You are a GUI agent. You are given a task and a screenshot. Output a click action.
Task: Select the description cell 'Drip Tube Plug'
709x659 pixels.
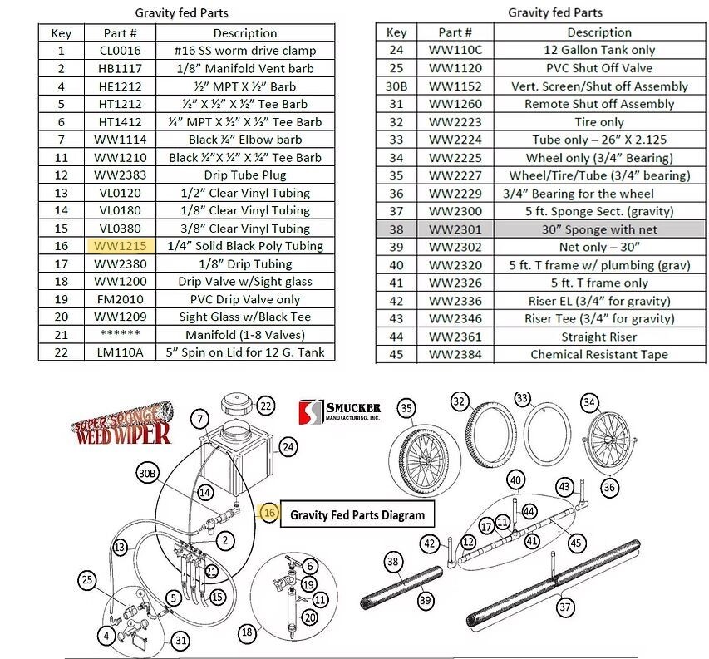[x=244, y=175]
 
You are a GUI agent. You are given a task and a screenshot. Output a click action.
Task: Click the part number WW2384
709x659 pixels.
[x=455, y=354]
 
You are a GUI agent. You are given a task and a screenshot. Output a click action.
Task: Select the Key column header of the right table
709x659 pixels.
[x=396, y=32]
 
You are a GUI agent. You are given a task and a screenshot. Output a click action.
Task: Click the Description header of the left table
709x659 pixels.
[x=244, y=33]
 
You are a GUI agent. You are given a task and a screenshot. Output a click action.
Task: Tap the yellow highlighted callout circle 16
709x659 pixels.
[x=269, y=514]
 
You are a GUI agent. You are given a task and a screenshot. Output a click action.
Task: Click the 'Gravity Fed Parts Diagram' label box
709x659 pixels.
[x=357, y=515]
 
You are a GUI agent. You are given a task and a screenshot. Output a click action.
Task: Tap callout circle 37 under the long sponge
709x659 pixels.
[x=565, y=607]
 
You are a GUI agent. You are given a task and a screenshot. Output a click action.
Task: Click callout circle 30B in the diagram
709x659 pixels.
[x=147, y=474]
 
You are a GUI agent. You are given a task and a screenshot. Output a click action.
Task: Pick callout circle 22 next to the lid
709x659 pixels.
[x=265, y=406]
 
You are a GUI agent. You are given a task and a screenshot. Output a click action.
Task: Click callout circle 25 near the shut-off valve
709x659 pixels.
[x=86, y=579]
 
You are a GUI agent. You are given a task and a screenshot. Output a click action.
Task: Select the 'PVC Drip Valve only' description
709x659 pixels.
[x=244, y=299]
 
